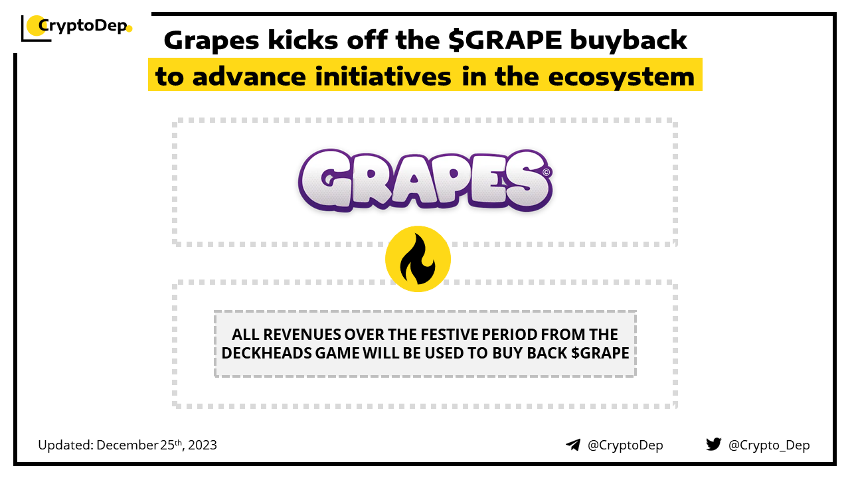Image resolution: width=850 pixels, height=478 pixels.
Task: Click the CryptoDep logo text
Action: pos(83,26)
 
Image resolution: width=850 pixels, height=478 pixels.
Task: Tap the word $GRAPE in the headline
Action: pos(505,40)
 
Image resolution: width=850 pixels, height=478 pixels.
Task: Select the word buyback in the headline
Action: pos(628,40)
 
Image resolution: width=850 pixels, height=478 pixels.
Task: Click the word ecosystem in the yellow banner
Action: pos(621,77)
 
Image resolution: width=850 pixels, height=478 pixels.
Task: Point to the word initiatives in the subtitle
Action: pos(383,76)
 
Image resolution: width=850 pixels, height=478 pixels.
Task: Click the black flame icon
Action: pos(418,259)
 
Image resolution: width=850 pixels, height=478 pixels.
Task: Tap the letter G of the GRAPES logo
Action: pos(330,180)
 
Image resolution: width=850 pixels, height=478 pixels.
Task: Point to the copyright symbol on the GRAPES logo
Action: pos(546,172)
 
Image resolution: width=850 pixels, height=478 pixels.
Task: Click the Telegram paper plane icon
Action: pos(573,445)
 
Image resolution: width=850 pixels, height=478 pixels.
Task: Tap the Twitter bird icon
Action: pos(714,444)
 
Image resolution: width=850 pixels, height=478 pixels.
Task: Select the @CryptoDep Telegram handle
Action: pos(625,445)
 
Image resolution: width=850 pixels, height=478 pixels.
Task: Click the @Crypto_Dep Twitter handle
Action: pos(769,445)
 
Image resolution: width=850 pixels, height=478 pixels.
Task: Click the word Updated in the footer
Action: pos(65,445)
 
